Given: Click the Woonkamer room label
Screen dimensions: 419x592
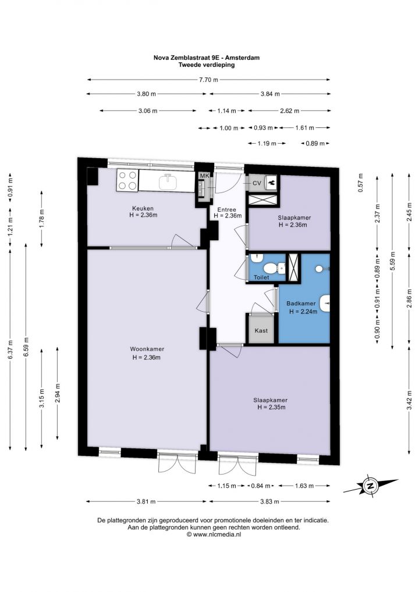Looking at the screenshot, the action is click(147, 350).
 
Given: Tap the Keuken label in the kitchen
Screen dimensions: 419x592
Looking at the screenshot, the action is click(143, 208).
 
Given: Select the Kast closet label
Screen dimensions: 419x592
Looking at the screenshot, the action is click(261, 331).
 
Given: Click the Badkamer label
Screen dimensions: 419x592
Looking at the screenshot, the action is click(301, 304).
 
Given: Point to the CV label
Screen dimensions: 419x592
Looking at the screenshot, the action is click(257, 184).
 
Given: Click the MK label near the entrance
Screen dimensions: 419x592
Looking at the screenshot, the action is click(204, 176).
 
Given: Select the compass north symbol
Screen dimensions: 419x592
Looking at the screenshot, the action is click(370, 486).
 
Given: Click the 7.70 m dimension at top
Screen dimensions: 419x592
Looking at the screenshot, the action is click(209, 80).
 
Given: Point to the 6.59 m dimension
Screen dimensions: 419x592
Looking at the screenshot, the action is click(26, 347).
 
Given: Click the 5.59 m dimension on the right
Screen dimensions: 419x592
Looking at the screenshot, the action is click(393, 261).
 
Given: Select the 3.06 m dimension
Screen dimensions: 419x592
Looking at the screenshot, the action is click(148, 110).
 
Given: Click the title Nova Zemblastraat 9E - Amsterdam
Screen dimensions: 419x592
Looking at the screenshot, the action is click(206, 58).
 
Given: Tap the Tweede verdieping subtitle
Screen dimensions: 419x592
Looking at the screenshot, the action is click(207, 65).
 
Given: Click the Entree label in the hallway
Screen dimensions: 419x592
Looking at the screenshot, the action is click(227, 209).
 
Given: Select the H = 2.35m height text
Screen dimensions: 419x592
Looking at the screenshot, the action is click(271, 407).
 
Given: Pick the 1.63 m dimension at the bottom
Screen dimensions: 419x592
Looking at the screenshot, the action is click(304, 486).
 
